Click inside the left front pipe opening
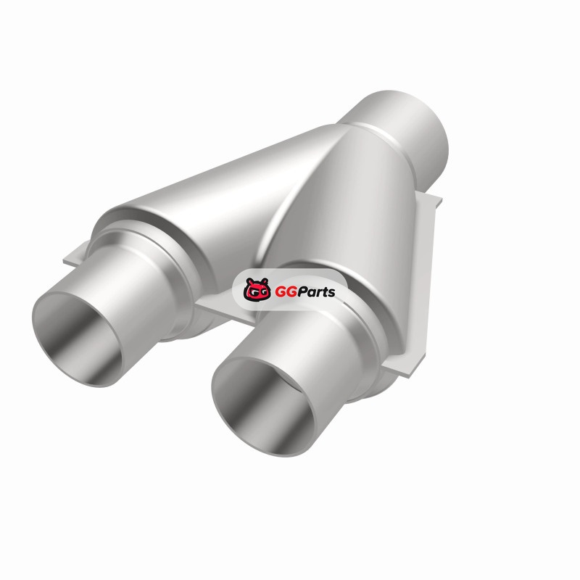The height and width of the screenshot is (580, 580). click(x=76, y=339)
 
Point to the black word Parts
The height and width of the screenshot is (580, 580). click(x=315, y=291)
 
